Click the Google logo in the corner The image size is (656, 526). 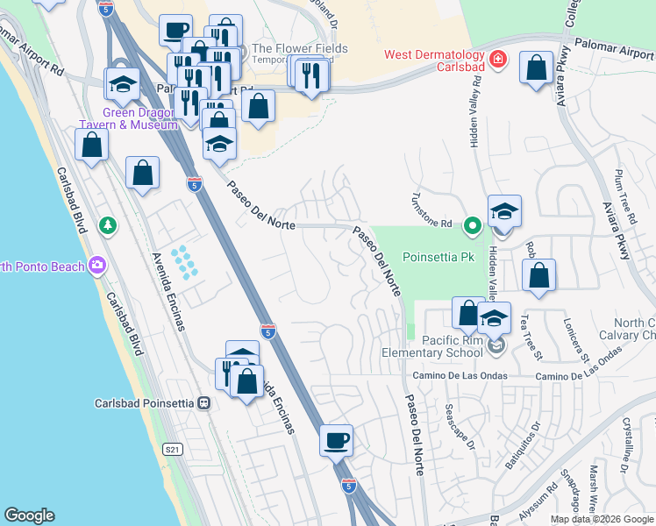coord(30,515)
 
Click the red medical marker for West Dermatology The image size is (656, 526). coord(498,59)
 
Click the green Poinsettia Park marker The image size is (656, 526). coord(473,225)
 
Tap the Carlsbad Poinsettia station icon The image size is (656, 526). coord(204,403)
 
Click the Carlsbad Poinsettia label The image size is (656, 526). coord(144,404)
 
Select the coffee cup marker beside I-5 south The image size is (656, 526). coord(336,439)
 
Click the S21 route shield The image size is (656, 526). coord(173,449)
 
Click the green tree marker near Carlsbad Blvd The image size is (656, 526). coord(109,225)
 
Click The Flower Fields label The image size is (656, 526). coord(299,49)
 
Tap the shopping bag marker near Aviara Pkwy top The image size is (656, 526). coord(536,68)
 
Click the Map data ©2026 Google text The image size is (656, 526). coord(601,519)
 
